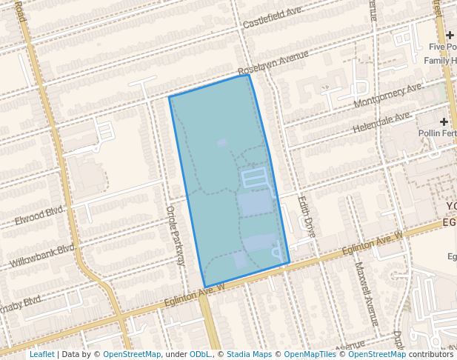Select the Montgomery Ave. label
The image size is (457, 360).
pos(388,95)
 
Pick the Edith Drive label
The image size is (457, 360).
pos(307,216)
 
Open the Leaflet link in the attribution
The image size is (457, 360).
pos(41,354)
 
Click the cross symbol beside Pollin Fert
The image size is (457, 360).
pos(444,121)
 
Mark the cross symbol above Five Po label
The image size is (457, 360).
pos(450,35)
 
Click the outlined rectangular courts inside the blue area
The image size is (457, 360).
pos(254,178)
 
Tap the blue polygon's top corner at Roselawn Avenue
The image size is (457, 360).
pos(247,75)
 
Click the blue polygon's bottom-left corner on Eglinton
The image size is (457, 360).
pos(205,287)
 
